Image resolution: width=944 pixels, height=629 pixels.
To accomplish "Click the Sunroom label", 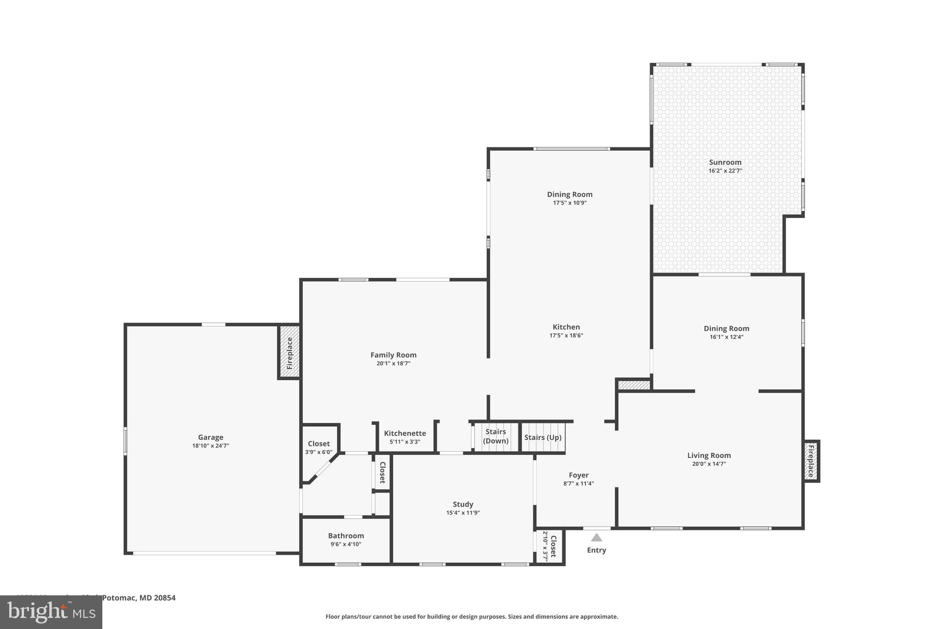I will pyautogui.click(x=725, y=162).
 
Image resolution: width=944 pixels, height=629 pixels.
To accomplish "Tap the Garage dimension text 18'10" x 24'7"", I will pyautogui.click(x=211, y=446).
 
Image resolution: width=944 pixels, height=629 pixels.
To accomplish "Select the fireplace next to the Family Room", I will pyautogui.click(x=289, y=352).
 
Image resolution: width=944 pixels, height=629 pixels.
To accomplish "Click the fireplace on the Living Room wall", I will pyautogui.click(x=811, y=461).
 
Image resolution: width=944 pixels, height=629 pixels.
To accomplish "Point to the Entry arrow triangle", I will pyautogui.click(x=596, y=537).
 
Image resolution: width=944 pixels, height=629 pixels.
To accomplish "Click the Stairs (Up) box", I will pyautogui.click(x=543, y=437).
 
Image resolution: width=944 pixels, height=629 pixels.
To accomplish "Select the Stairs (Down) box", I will pyautogui.click(x=496, y=436).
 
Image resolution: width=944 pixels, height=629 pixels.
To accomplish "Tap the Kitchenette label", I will pyautogui.click(x=405, y=433).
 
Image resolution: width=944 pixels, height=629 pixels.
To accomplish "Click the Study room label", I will pyautogui.click(x=463, y=504).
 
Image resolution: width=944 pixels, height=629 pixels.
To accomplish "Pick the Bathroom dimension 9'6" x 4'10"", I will pyautogui.click(x=346, y=544).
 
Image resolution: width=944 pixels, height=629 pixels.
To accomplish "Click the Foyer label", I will pyautogui.click(x=578, y=475).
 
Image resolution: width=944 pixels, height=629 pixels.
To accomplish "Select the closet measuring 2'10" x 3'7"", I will pyautogui.click(x=550, y=546).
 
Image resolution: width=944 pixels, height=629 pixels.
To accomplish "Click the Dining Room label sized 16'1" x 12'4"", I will pyautogui.click(x=726, y=329).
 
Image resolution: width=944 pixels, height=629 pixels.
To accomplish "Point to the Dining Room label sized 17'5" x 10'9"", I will pyautogui.click(x=570, y=194).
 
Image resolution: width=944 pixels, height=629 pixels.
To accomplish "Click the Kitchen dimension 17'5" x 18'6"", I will pyautogui.click(x=566, y=335).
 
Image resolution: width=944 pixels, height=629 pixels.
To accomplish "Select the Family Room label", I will pyautogui.click(x=393, y=355).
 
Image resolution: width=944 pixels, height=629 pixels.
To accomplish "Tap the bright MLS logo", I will pyautogui.click(x=51, y=612).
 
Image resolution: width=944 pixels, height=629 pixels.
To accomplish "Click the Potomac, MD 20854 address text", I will pyautogui.click(x=138, y=598).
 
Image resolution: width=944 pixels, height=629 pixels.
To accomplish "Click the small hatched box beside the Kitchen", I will pyautogui.click(x=633, y=385).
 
